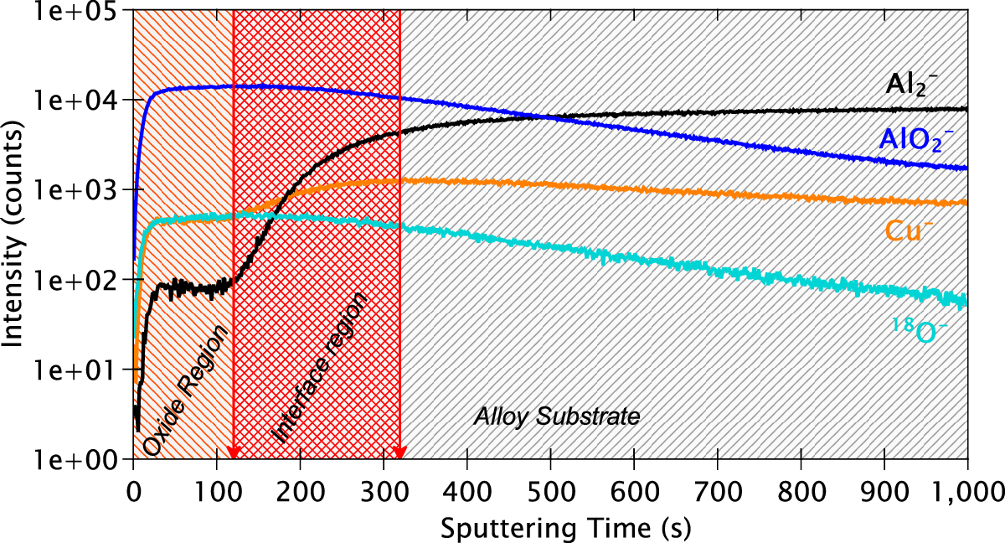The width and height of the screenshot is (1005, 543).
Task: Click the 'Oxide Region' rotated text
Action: point(186,390)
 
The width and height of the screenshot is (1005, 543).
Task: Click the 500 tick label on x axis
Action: point(550,489)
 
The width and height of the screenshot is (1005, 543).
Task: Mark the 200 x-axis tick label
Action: point(300,489)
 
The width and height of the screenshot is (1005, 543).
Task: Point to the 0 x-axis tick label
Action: point(133,489)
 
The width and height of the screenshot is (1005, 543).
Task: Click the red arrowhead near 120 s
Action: point(234,453)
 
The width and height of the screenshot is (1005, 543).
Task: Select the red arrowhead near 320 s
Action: point(400,453)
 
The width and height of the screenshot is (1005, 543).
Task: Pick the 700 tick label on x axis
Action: point(718,489)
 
